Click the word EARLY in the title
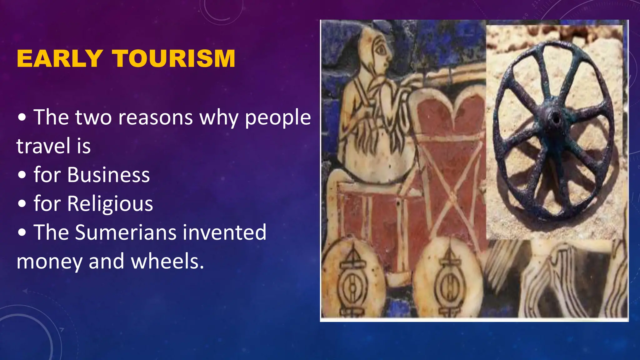click(59, 58)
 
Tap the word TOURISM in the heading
click(174, 58)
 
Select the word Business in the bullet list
click(108, 175)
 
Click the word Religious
click(110, 204)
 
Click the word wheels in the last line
click(167, 261)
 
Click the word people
click(278, 118)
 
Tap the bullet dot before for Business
click(22, 175)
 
